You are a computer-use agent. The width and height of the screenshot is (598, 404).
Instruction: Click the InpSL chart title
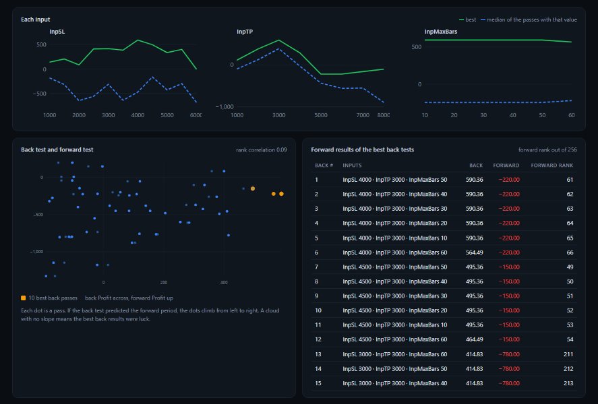point(57,32)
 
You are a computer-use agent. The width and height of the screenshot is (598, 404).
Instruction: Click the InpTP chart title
point(245,32)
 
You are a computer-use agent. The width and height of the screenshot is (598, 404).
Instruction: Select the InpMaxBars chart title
point(440,32)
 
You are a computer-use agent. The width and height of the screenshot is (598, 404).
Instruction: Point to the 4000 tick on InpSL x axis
point(138,115)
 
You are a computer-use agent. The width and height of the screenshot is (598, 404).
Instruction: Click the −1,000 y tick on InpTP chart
point(225,106)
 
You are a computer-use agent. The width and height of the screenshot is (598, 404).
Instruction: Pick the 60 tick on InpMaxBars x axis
point(571,115)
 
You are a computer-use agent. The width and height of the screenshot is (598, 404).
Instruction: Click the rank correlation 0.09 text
point(261,150)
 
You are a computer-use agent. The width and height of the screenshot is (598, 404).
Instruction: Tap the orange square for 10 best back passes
point(24,298)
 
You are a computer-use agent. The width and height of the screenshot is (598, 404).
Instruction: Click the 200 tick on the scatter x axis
point(164,283)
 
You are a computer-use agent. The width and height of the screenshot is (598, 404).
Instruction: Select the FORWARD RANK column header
point(552,165)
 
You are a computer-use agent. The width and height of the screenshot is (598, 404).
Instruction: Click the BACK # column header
point(324,165)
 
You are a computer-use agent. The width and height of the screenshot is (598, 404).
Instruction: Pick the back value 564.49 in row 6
point(474,252)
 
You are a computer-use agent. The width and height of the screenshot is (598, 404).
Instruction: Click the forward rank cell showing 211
point(568,354)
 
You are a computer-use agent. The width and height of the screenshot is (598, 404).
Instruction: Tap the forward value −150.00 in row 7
point(509,267)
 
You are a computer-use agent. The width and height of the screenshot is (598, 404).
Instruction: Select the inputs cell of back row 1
point(394,180)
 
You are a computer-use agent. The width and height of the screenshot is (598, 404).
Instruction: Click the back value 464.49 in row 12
point(474,339)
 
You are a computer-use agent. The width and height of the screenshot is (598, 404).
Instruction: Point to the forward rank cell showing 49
point(570,267)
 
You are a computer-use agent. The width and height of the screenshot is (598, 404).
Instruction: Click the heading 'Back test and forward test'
point(57,149)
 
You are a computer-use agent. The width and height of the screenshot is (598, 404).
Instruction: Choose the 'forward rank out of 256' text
point(547,150)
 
